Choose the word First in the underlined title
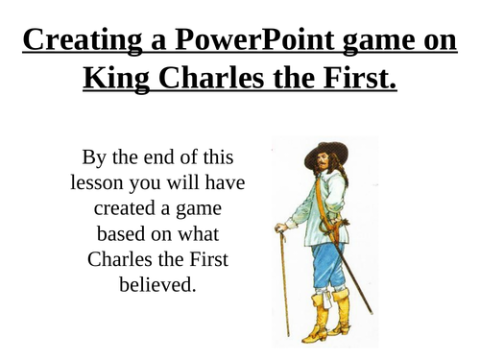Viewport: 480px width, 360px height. [356, 81]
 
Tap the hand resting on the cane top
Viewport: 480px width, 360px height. [280, 228]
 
